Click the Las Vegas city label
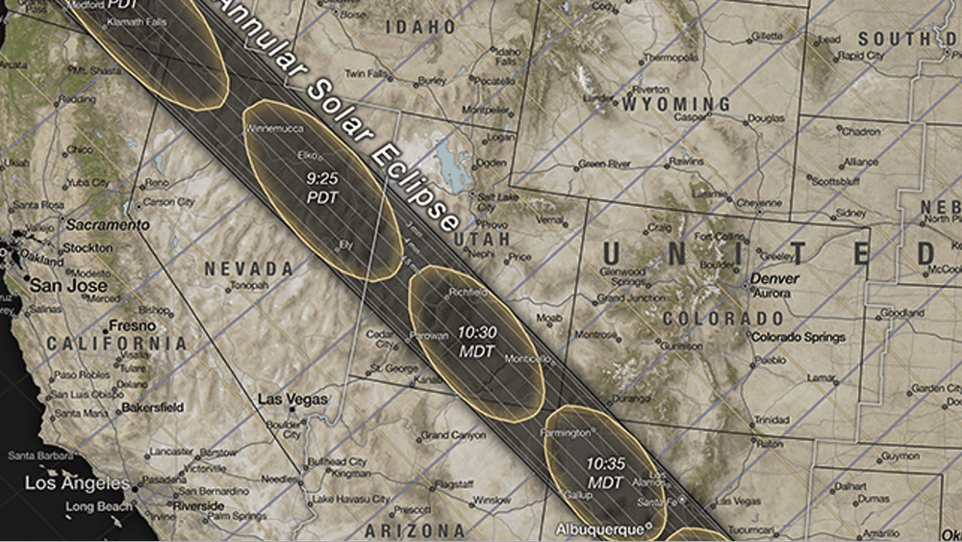[293, 399]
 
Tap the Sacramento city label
[107, 224]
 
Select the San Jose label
[63, 286]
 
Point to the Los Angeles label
[77, 482]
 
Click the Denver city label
[774, 279]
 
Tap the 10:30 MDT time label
[476, 342]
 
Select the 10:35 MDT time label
[605, 471]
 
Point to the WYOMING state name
[677, 103]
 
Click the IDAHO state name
[419, 27]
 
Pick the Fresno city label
[106, 325]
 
